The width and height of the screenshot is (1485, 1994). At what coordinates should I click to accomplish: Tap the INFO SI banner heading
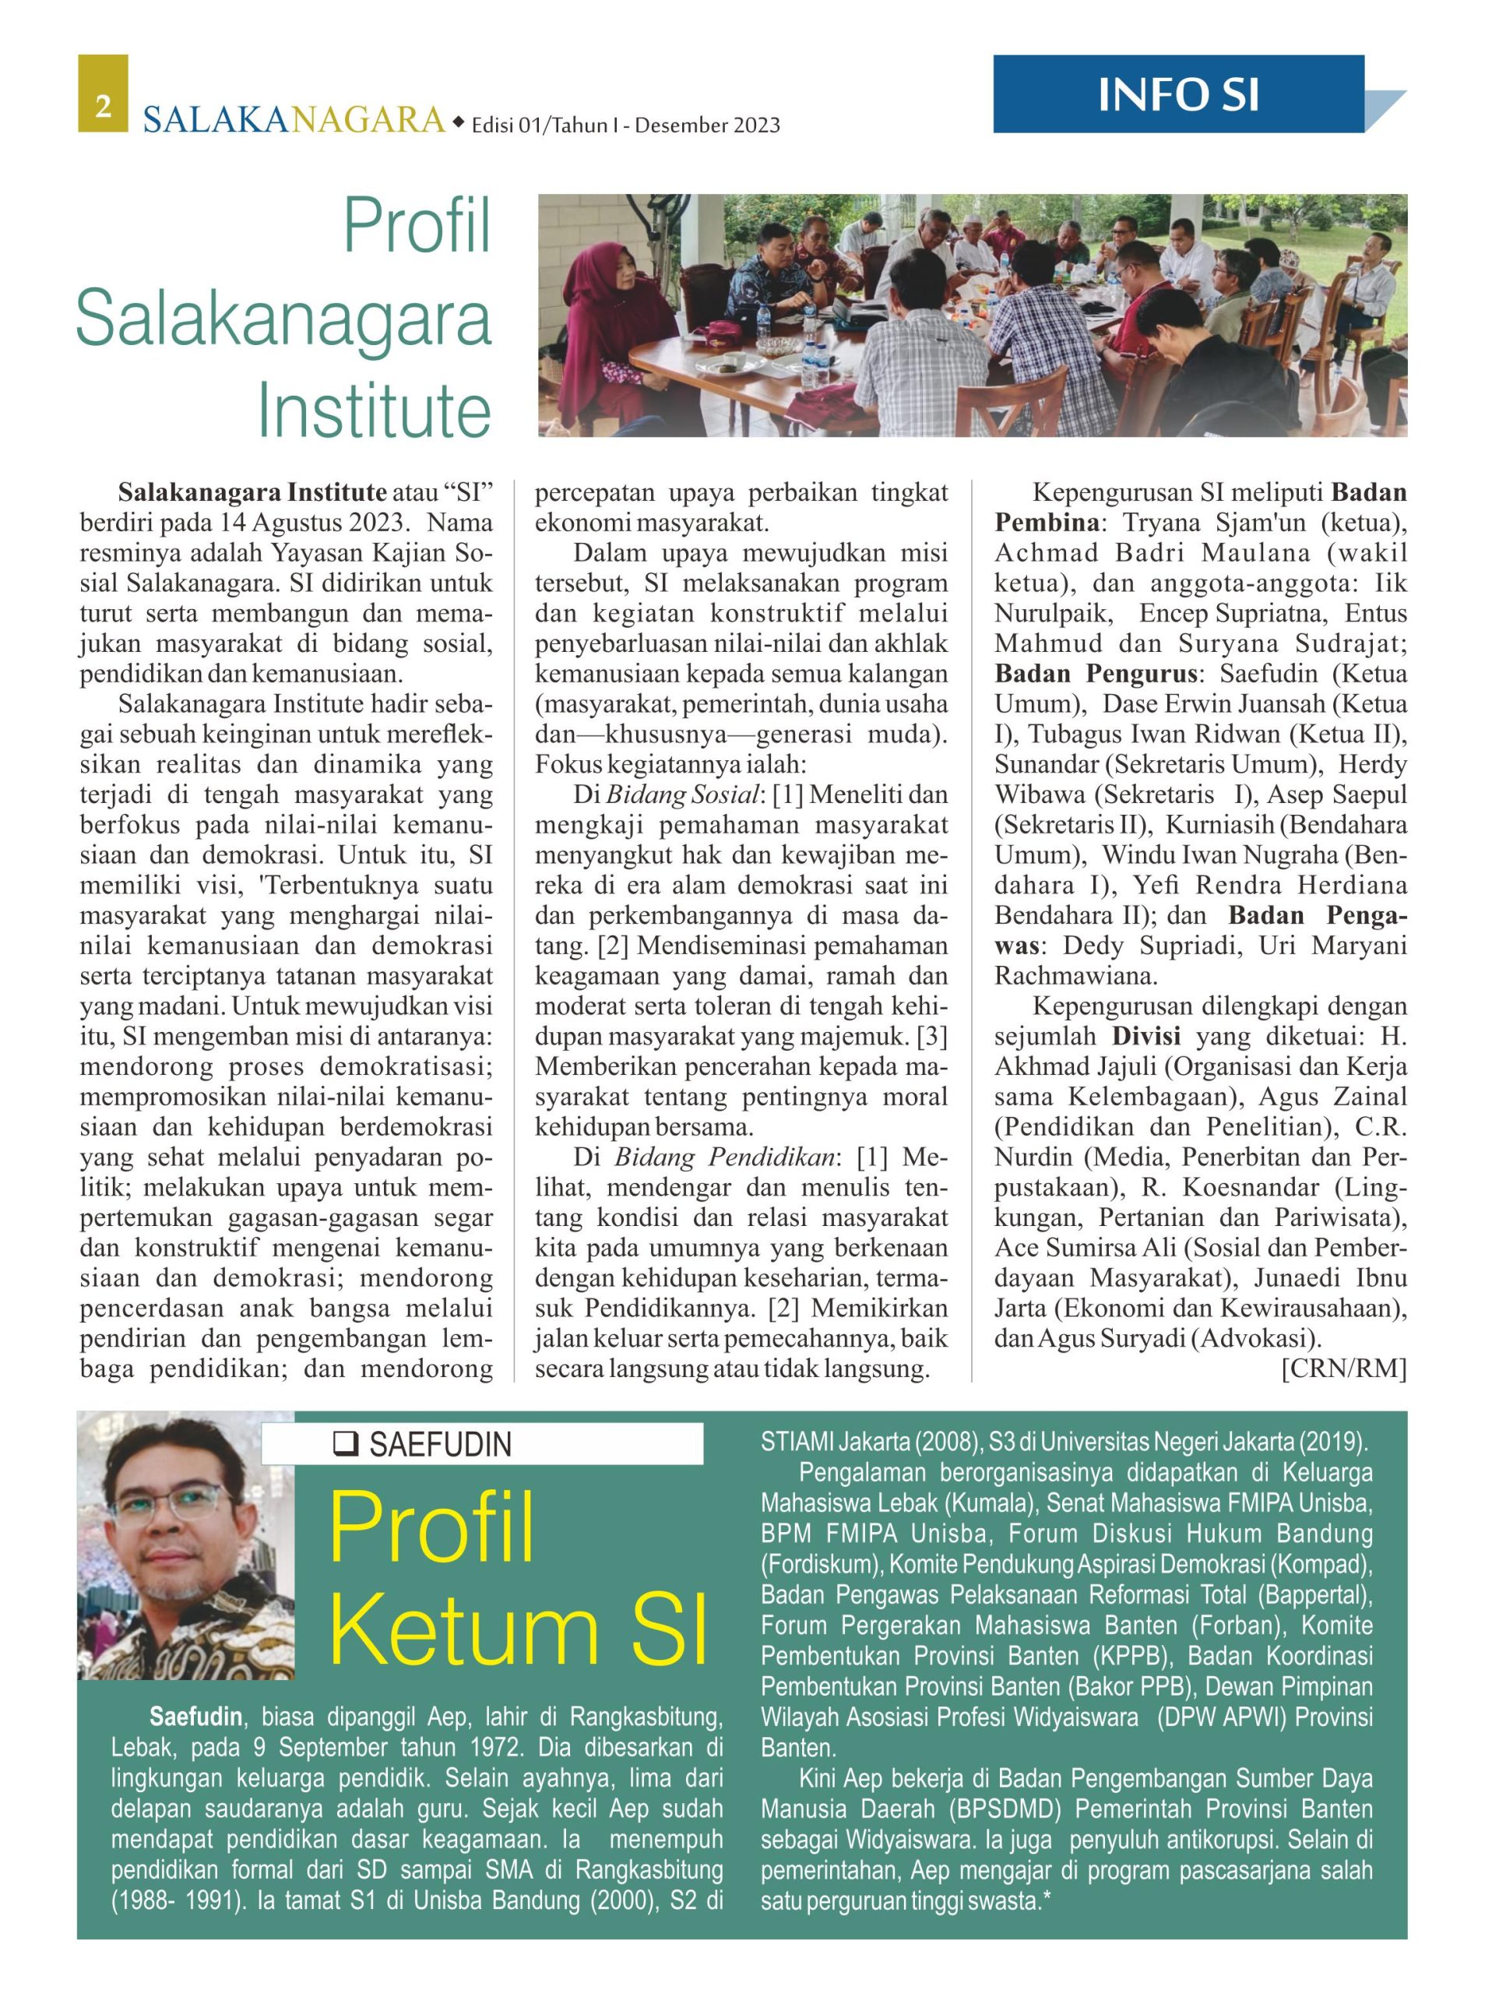pos(1177,94)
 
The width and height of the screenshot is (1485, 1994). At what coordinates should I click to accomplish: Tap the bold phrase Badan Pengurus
pos(1096,673)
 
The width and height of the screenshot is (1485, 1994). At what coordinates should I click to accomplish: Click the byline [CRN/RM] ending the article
pos(1343,1369)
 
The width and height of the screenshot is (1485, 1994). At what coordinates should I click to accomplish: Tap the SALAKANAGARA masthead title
pos(293,120)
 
